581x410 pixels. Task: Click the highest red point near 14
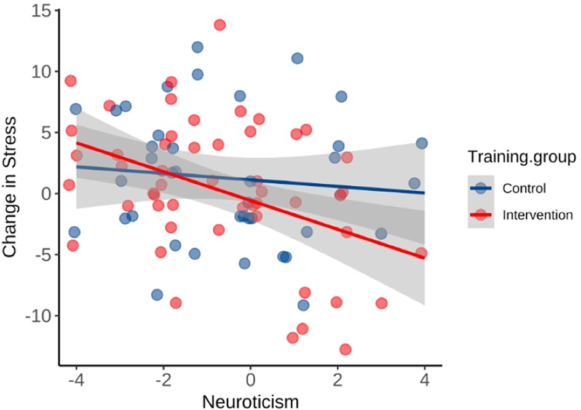click(219, 25)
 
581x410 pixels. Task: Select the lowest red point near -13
click(346, 349)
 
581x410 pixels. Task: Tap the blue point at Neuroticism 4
click(422, 143)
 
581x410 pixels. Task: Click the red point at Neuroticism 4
click(421, 253)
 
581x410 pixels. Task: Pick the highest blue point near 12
click(197, 47)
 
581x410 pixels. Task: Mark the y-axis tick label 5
click(45, 132)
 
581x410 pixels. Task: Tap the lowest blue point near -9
click(304, 306)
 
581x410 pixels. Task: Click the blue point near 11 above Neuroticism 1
click(298, 58)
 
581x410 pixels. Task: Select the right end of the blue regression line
click(424, 192)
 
